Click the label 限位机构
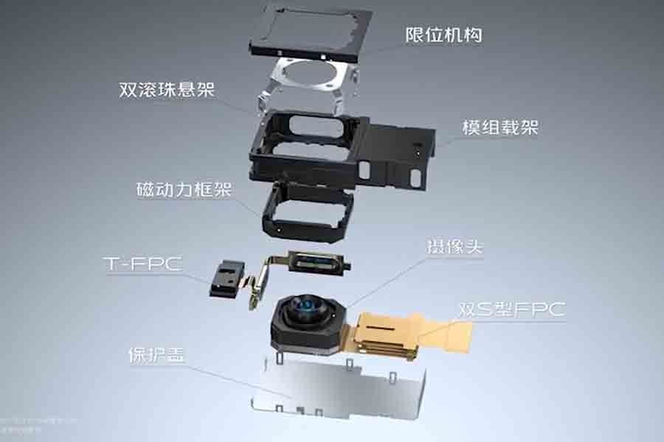[443, 35]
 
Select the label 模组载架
[499, 127]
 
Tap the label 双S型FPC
[511, 309]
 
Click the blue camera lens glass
[306, 307]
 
